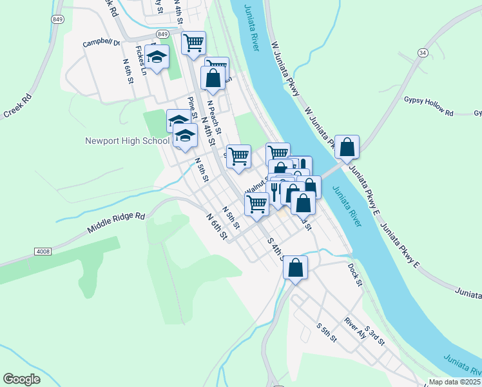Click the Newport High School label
point(127,141)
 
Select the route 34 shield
point(423,52)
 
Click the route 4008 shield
point(43,252)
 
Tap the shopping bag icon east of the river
point(347,147)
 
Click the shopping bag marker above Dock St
point(296,268)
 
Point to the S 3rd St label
point(374,335)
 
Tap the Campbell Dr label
point(102,44)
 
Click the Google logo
point(21,379)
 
